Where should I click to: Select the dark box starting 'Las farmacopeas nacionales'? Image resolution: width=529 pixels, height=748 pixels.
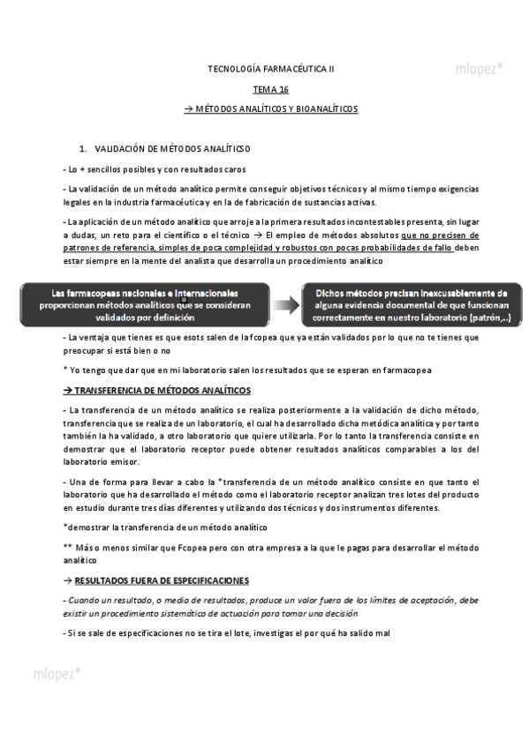[x=146, y=304]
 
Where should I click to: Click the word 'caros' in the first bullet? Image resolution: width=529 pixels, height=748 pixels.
[x=233, y=168]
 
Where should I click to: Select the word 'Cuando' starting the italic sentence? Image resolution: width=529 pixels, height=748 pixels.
[x=87, y=600]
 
